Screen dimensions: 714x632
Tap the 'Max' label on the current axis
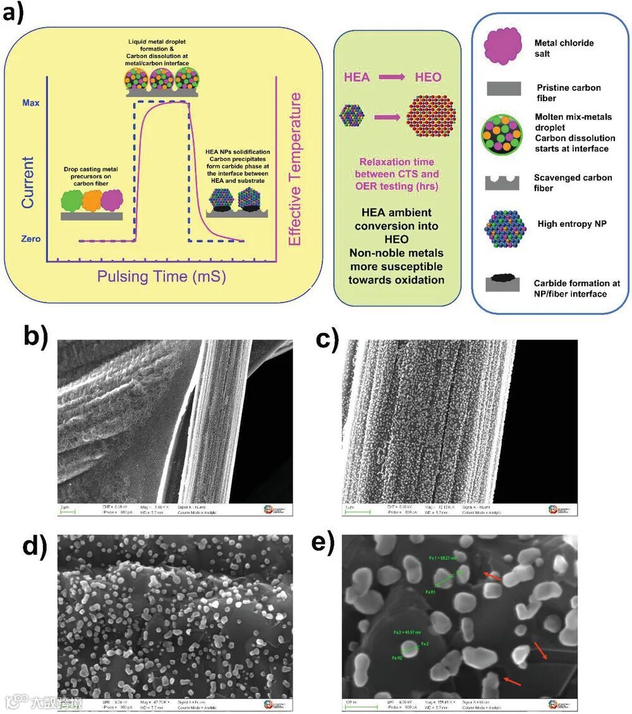click(x=32, y=102)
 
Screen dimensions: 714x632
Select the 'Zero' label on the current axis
click(x=30, y=239)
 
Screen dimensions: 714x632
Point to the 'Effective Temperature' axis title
click(x=295, y=169)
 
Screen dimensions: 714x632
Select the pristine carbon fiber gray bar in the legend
click(x=502, y=88)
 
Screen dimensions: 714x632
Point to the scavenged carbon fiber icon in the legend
click(x=502, y=181)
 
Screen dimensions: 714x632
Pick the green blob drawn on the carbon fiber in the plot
click(x=74, y=203)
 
